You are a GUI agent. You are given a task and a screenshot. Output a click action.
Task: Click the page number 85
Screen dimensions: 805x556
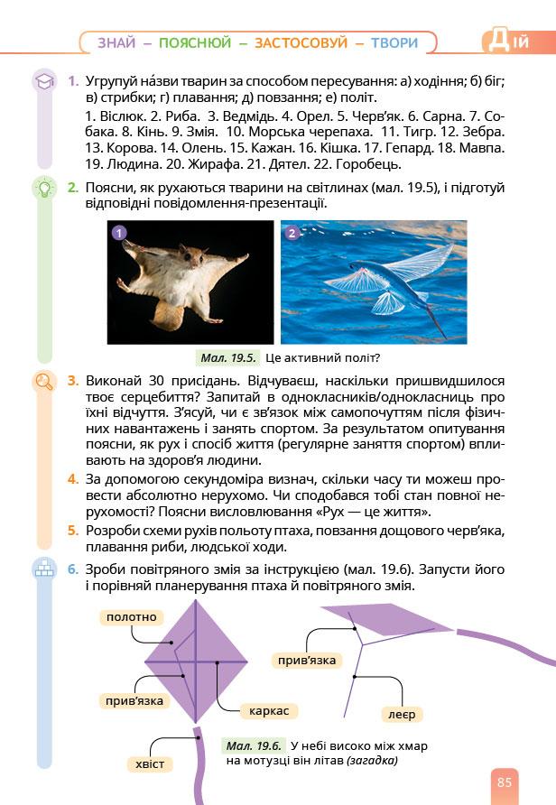point(504,782)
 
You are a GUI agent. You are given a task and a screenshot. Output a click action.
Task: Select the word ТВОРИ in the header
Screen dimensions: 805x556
point(394,42)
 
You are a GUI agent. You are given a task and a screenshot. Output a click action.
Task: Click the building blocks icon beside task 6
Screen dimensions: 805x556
point(43,569)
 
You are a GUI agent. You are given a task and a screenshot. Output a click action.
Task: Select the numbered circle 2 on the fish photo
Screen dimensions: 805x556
point(292,233)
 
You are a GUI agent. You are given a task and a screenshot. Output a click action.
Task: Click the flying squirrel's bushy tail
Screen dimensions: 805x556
point(166,312)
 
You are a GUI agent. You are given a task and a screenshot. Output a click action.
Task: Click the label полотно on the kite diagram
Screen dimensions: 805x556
point(131,617)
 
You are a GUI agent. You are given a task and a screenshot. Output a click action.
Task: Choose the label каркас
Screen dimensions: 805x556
point(268,710)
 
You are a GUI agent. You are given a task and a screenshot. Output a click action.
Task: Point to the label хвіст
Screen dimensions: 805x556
point(150,764)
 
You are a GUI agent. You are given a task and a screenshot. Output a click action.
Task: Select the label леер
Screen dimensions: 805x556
point(401,714)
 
